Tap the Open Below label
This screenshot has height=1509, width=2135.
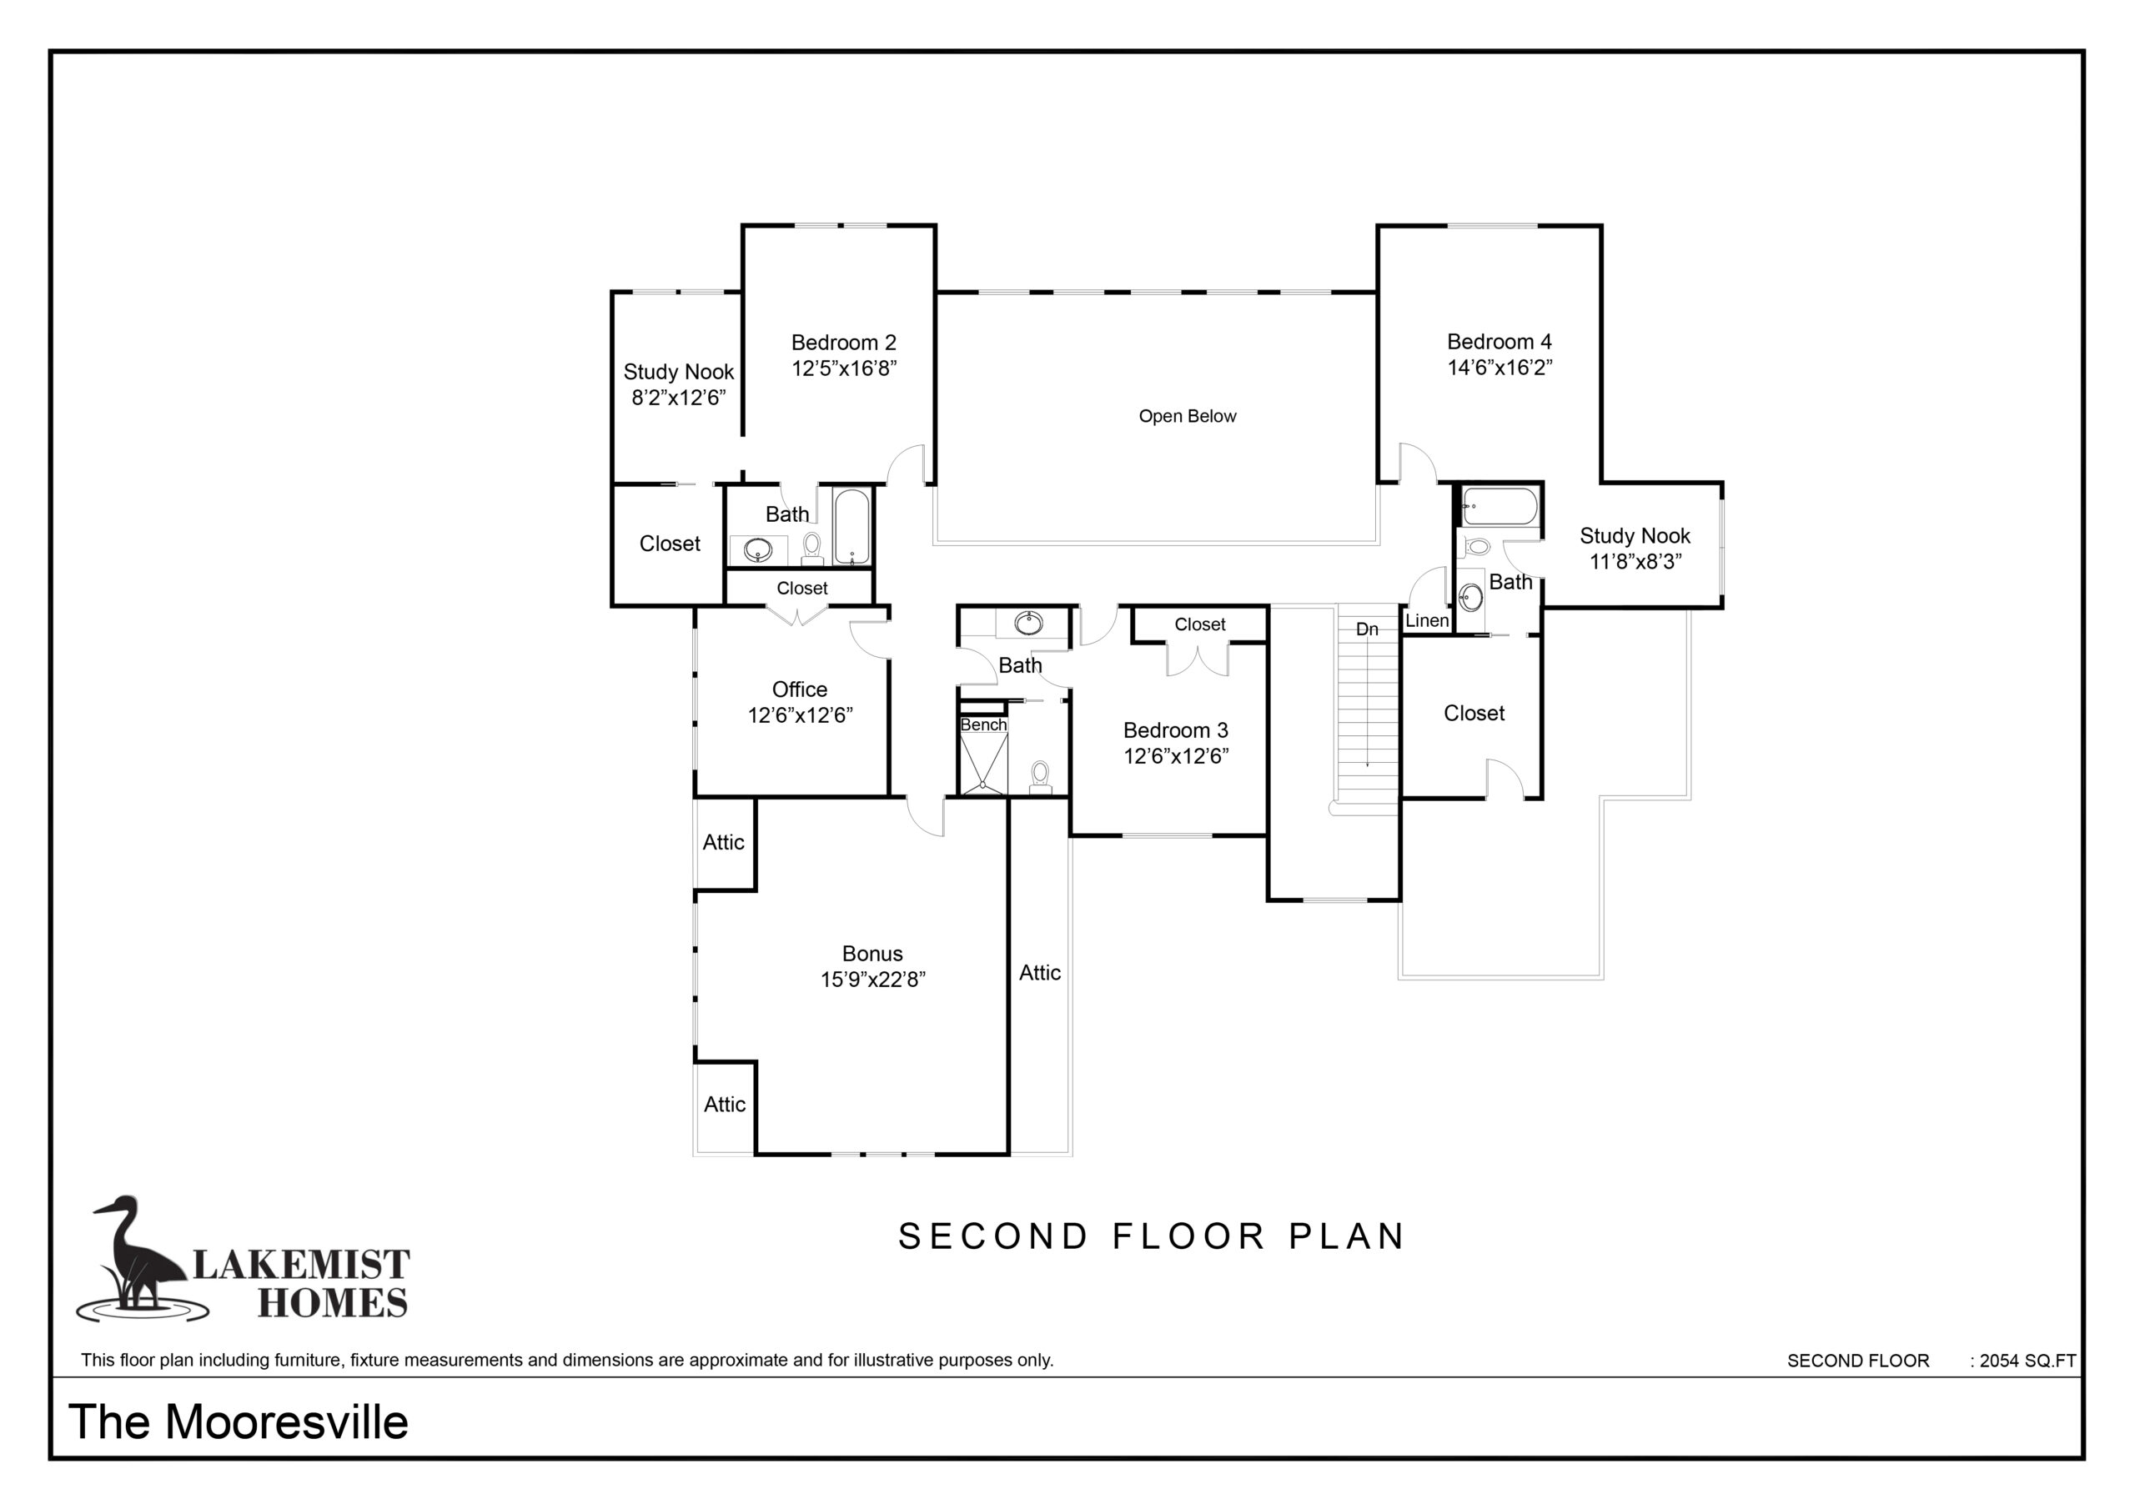tap(1188, 417)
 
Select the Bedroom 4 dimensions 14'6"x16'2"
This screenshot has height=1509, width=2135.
tap(1499, 368)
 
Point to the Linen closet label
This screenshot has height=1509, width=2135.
tap(1426, 620)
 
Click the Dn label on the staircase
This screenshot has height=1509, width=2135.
tap(1366, 629)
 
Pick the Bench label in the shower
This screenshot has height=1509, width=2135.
tap(983, 724)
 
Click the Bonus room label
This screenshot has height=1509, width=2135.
tap(872, 953)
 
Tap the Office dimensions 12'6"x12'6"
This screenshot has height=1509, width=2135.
tap(800, 715)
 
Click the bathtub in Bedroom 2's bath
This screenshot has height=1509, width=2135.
tap(851, 527)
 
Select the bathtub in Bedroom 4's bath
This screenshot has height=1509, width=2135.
tap(1499, 508)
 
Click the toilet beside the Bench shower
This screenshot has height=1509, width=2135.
tap(1041, 777)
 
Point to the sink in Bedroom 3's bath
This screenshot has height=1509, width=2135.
tap(1027, 623)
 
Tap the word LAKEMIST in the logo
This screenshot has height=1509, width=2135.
tap(300, 1265)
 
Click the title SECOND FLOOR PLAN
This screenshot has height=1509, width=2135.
tap(1151, 1236)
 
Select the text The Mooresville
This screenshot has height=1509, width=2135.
tap(238, 1421)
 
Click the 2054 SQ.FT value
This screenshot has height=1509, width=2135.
tap(2027, 1361)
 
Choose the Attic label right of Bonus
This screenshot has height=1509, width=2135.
tap(1040, 973)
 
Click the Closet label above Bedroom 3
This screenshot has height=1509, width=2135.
tap(1199, 624)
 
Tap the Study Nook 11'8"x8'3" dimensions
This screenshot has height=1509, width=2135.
tap(1635, 562)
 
